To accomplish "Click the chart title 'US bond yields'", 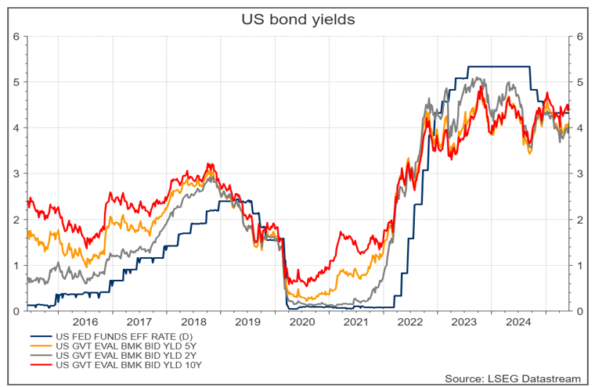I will [x=297, y=18].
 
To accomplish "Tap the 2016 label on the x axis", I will [x=85, y=321].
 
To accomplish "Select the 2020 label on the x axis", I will [x=301, y=321].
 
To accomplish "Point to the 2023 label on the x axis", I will [x=464, y=321].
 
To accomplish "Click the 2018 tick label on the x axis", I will [x=193, y=321].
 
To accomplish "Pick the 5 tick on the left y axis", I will [x=17, y=81].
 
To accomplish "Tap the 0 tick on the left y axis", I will [x=17, y=311].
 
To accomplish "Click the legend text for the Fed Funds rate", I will [x=117, y=336].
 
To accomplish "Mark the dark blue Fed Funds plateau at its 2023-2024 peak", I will [x=493, y=67].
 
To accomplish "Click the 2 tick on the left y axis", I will [x=17, y=220].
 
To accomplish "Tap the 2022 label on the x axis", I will [x=410, y=321].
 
